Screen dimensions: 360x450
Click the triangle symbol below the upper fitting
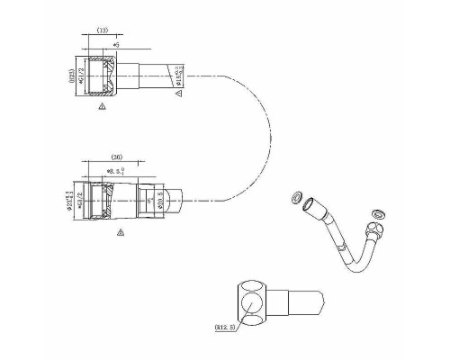[x=103, y=105]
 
